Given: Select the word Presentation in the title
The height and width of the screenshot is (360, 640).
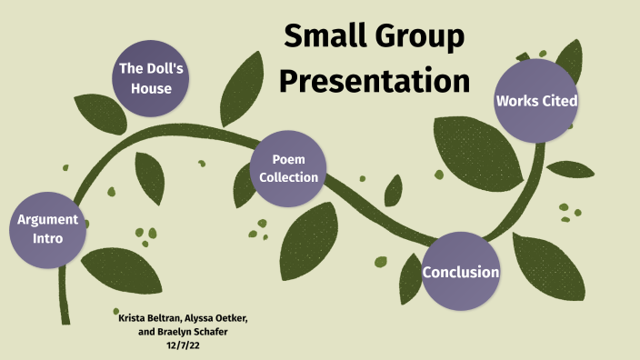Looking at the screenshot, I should click(374, 81).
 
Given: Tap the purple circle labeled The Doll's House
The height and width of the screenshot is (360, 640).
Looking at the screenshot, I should click(153, 76).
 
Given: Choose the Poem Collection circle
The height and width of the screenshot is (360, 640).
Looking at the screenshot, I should click(289, 168).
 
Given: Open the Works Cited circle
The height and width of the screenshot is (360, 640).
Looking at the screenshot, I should click(536, 100).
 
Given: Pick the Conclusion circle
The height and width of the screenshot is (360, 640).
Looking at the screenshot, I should click(461, 272).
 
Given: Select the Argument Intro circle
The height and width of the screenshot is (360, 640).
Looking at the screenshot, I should click(48, 229).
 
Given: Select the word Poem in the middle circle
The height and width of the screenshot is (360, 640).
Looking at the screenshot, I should click(288, 160).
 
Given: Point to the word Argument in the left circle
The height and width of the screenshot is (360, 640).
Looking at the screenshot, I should click(48, 220).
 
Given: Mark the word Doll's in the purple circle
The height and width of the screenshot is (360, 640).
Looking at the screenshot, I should click(167, 68).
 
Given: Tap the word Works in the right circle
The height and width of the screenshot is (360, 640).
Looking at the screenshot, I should click(515, 101).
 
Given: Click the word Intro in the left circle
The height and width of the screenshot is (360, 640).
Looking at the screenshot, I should click(48, 238).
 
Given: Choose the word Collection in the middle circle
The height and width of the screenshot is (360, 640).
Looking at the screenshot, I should click(289, 177).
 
